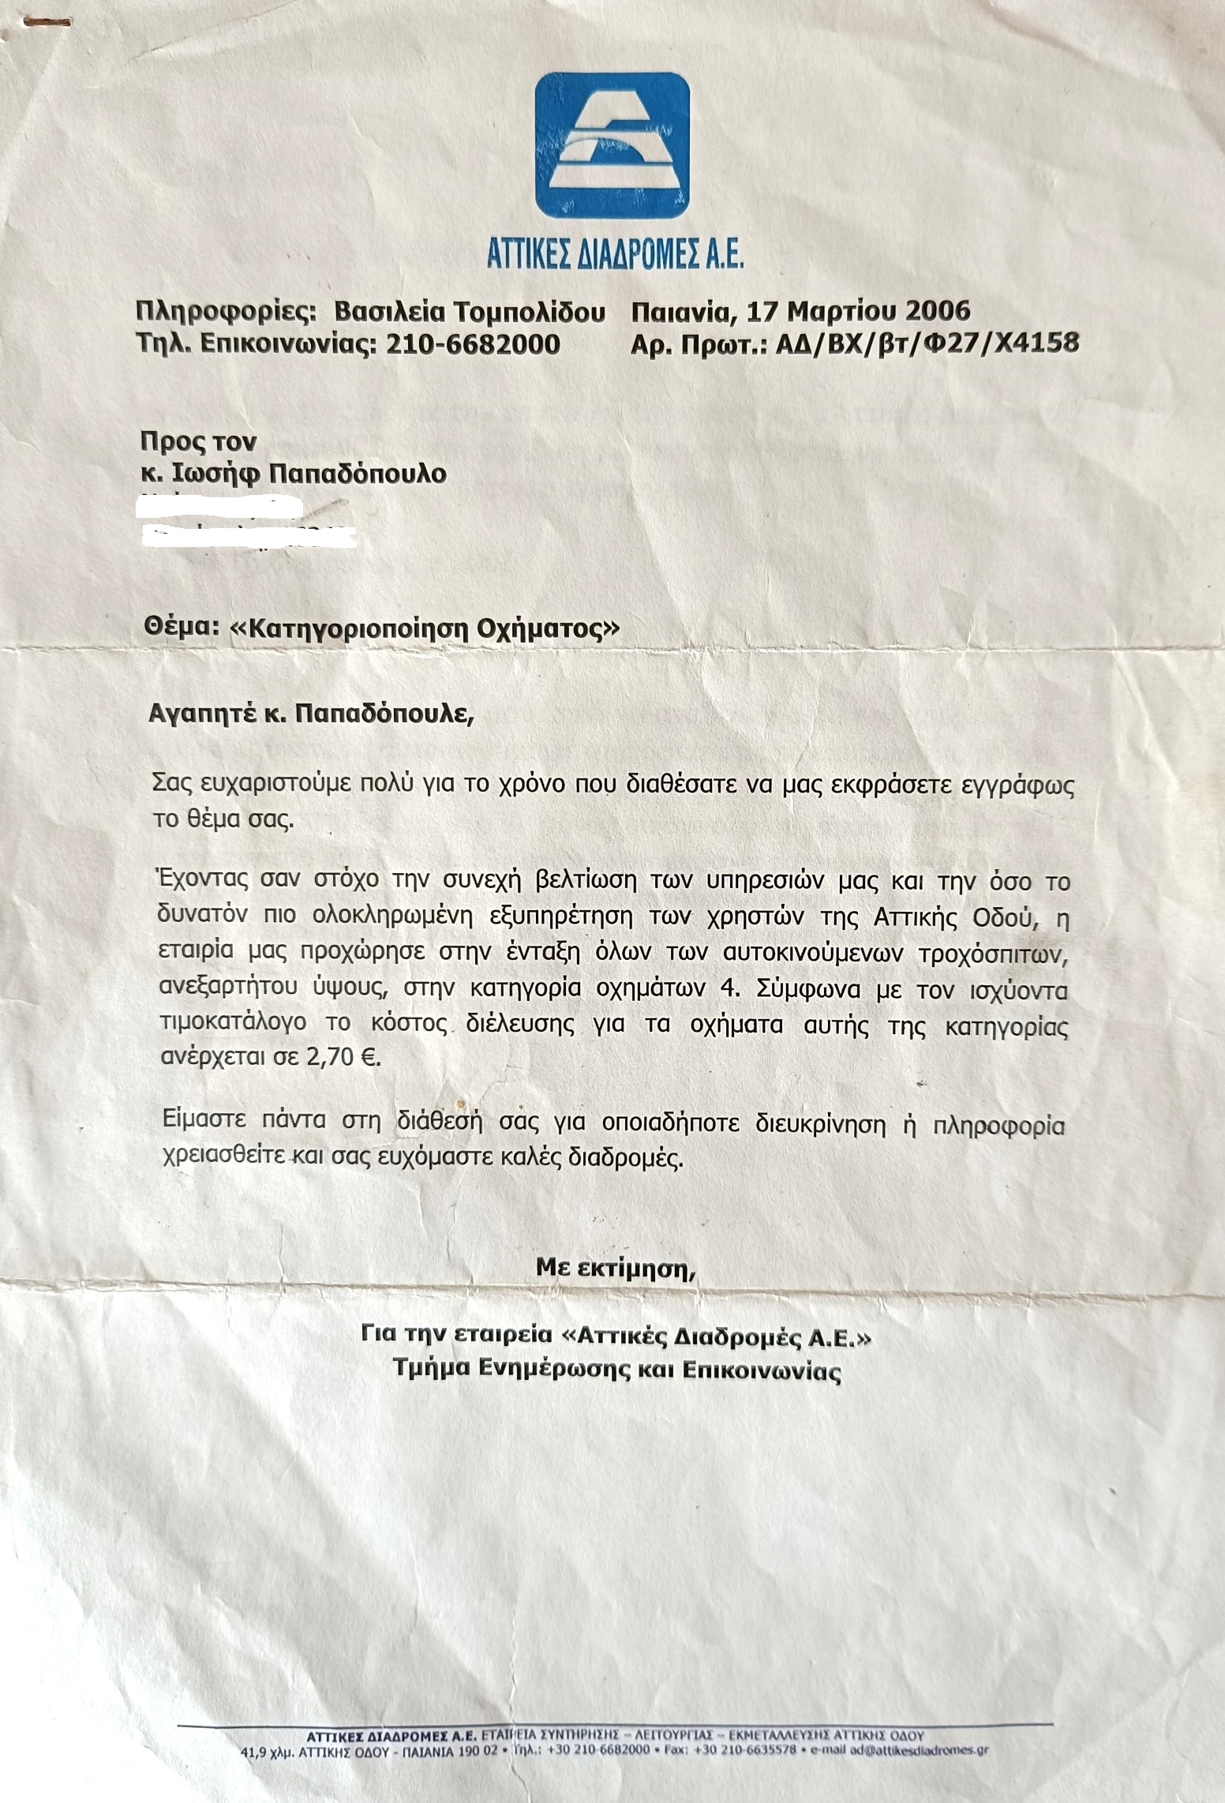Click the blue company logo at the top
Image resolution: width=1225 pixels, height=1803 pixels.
[612, 145]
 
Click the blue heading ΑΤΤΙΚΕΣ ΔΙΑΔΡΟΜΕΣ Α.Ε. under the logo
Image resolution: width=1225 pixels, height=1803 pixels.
[613, 257]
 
